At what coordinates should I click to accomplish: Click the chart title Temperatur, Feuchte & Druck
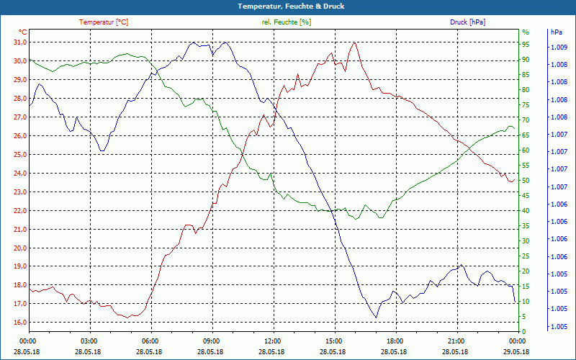click(x=288, y=6)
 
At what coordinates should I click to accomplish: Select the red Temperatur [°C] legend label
click(x=104, y=22)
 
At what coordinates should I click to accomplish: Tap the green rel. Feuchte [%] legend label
click(x=287, y=22)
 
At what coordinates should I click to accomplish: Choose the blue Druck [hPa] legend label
click(x=467, y=22)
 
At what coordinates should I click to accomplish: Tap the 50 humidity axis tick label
click(x=526, y=181)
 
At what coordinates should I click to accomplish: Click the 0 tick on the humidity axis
click(x=524, y=331)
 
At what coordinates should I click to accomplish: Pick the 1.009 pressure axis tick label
click(x=558, y=48)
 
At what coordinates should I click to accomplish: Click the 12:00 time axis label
click(x=273, y=341)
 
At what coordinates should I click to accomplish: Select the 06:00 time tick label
click(x=150, y=341)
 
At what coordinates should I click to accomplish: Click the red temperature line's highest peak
click(x=354, y=42)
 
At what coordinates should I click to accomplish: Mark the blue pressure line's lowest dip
click(x=376, y=317)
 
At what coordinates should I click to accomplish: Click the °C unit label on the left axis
click(x=23, y=32)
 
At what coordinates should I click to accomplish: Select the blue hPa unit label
click(x=557, y=32)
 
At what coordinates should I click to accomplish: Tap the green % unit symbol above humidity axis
click(x=526, y=32)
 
